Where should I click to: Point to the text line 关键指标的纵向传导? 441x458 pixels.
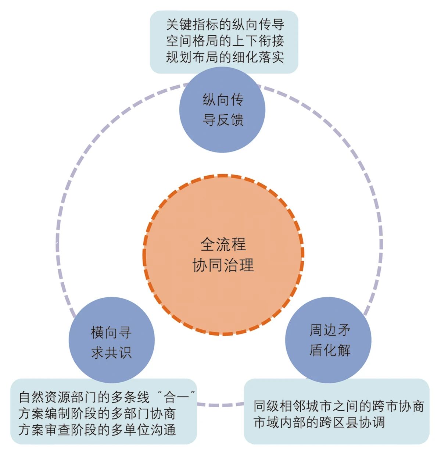225,25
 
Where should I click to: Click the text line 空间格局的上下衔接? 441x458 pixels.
225,41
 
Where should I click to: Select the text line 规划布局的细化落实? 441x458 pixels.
225,57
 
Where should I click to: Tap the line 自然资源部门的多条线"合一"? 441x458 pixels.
107,397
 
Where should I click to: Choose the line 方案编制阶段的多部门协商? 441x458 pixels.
97,413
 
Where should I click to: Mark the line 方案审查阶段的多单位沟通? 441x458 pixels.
97,429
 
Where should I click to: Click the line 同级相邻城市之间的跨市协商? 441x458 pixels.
338,406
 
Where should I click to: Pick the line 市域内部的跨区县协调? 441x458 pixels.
319,422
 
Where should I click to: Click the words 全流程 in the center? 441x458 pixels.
223,244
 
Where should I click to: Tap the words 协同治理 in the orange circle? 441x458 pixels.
223,265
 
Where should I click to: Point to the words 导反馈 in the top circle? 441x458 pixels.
223,120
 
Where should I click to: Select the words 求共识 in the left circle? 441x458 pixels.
111,353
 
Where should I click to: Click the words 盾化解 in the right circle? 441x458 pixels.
330,350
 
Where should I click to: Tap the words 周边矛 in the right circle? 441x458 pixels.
330,330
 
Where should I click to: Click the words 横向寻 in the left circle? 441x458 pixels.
111,333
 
